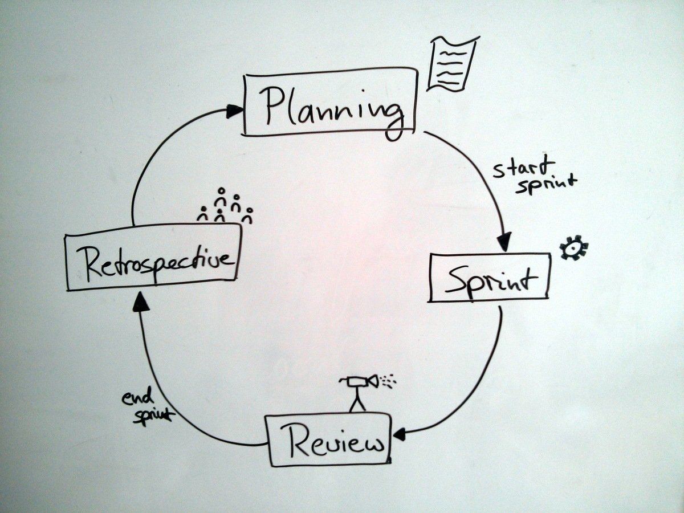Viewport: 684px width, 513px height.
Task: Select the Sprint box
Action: click(x=489, y=278)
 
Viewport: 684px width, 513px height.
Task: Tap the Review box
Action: click(x=328, y=440)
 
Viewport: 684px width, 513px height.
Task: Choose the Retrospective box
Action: click(x=152, y=258)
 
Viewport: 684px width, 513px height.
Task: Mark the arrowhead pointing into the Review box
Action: click(x=398, y=435)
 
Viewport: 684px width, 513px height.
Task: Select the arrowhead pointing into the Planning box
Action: click(x=234, y=111)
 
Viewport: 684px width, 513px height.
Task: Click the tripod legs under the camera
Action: click(x=357, y=400)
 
